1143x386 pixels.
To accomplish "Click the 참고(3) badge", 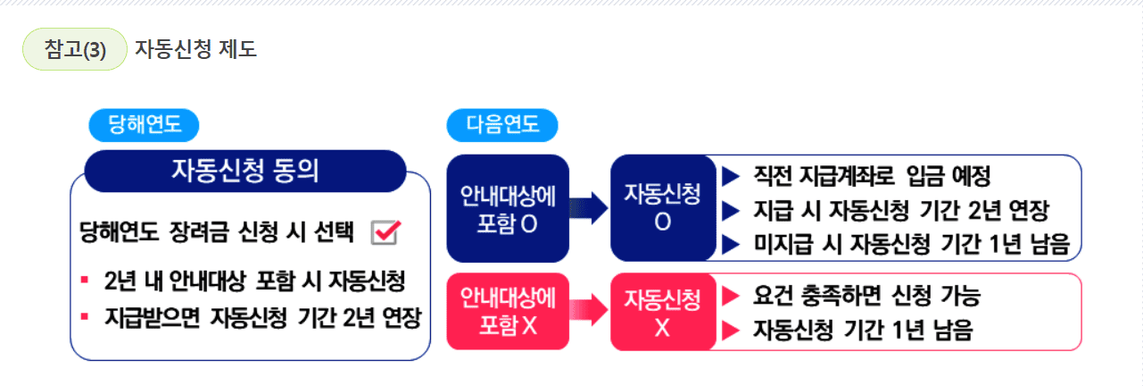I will pyautogui.click(x=75, y=50).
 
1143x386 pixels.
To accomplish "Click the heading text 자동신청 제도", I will pyautogui.click(x=196, y=49).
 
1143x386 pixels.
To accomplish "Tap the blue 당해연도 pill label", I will pyautogui.click(x=144, y=125).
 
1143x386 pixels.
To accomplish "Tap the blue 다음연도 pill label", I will pyautogui.click(x=502, y=125).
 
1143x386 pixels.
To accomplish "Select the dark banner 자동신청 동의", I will pyautogui.click(x=244, y=171).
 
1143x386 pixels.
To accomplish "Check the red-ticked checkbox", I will pyautogui.click(x=386, y=231).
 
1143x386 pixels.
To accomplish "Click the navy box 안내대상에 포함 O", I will pyautogui.click(x=507, y=208).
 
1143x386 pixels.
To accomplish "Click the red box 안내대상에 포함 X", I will pyautogui.click(x=507, y=311).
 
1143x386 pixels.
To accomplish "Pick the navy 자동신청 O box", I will pyautogui.click(x=662, y=208).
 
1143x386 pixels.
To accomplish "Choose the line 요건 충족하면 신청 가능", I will pyautogui.click(x=866, y=296).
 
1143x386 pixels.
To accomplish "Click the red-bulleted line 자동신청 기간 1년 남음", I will pyautogui.click(x=862, y=331).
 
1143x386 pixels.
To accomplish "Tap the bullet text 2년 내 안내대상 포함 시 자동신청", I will pyautogui.click(x=254, y=281).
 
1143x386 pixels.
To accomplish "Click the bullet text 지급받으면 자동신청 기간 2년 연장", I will pyautogui.click(x=262, y=317).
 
